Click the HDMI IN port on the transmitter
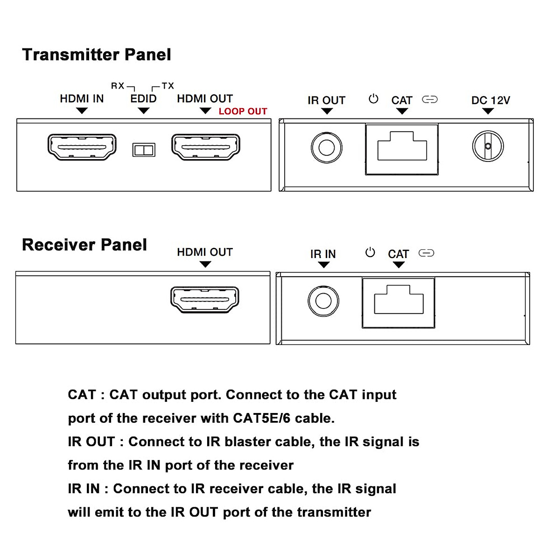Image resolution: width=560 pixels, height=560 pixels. (x=82, y=147)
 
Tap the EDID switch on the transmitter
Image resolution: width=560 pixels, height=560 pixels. (x=144, y=150)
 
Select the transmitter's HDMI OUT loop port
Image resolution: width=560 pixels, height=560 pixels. (x=206, y=147)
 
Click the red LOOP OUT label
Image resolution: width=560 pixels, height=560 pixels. (x=243, y=112)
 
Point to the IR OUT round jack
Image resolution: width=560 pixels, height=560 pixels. (x=326, y=147)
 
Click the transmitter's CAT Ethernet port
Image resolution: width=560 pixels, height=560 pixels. (x=402, y=149)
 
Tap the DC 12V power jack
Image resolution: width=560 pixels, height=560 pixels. (x=488, y=146)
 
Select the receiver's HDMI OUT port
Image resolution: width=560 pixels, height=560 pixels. (x=205, y=300)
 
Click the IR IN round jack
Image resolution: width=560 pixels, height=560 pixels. (x=323, y=301)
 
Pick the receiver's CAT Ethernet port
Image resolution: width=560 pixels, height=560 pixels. (x=399, y=303)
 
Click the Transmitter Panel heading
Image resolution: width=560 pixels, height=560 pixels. (x=97, y=55)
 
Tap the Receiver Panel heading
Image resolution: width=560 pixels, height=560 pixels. (x=84, y=245)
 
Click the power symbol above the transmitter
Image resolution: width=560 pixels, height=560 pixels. (x=373, y=99)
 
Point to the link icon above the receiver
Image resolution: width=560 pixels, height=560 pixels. (x=427, y=253)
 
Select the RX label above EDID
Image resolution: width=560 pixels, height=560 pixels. (x=118, y=86)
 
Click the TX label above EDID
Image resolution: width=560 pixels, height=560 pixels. (x=168, y=86)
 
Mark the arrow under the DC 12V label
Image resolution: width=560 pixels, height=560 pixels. (x=488, y=111)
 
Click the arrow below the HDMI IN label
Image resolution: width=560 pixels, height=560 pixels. (x=82, y=111)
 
